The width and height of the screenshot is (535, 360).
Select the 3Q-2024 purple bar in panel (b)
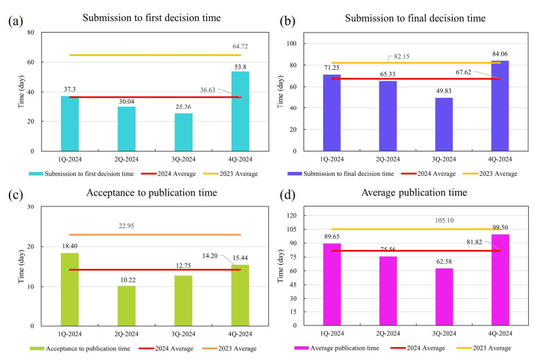tap(443, 123)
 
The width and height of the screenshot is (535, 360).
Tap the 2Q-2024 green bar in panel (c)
tap(126, 306)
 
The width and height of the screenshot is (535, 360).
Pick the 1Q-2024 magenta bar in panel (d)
tap(332, 284)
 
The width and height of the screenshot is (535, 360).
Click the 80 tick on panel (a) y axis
tap(31, 33)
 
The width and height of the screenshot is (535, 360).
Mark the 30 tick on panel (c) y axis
tap(31, 207)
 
